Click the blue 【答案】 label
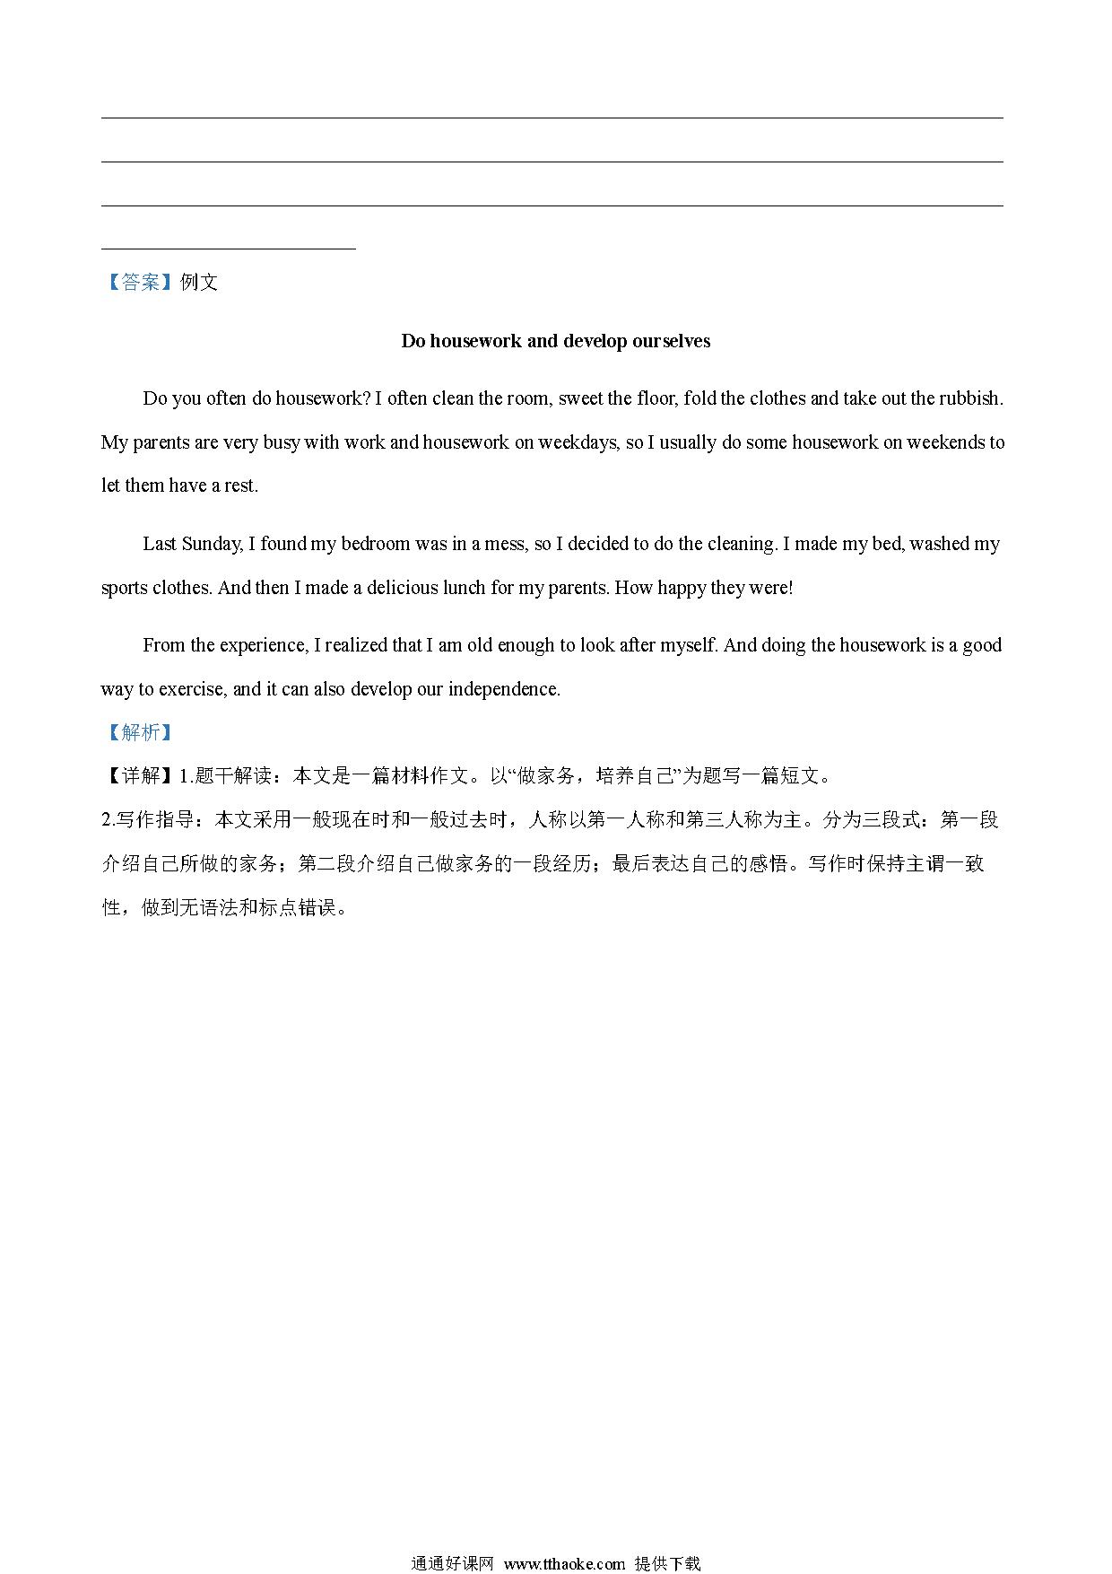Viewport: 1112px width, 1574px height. point(139,283)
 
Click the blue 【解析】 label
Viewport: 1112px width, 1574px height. point(139,732)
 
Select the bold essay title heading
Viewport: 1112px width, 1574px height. point(555,341)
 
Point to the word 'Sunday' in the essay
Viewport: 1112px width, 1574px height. point(212,544)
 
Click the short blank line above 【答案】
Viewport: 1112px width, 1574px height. point(229,248)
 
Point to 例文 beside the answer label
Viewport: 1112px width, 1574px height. point(199,283)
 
